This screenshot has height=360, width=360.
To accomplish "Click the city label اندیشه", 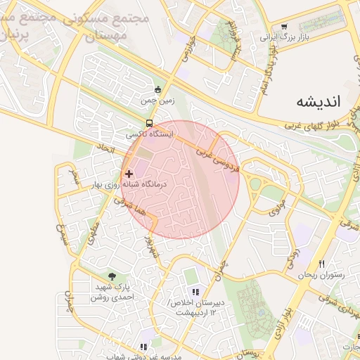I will (x=318, y=101).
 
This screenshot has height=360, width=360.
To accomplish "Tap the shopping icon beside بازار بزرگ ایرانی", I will (x=284, y=27).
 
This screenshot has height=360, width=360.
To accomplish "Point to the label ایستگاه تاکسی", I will (x=146, y=134).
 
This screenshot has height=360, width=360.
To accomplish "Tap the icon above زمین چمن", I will (x=157, y=89).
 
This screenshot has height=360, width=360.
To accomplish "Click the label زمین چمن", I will (x=156, y=101).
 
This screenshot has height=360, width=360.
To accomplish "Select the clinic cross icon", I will (x=129, y=173).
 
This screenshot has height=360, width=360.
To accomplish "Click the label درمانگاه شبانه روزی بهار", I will (x=128, y=184).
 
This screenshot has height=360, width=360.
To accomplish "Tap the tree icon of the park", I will (x=112, y=276).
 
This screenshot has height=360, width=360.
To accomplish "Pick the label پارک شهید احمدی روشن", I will (x=112, y=292).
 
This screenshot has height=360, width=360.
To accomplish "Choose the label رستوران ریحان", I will (x=321, y=275).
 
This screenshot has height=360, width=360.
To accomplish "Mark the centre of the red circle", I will (x=180, y=179).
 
